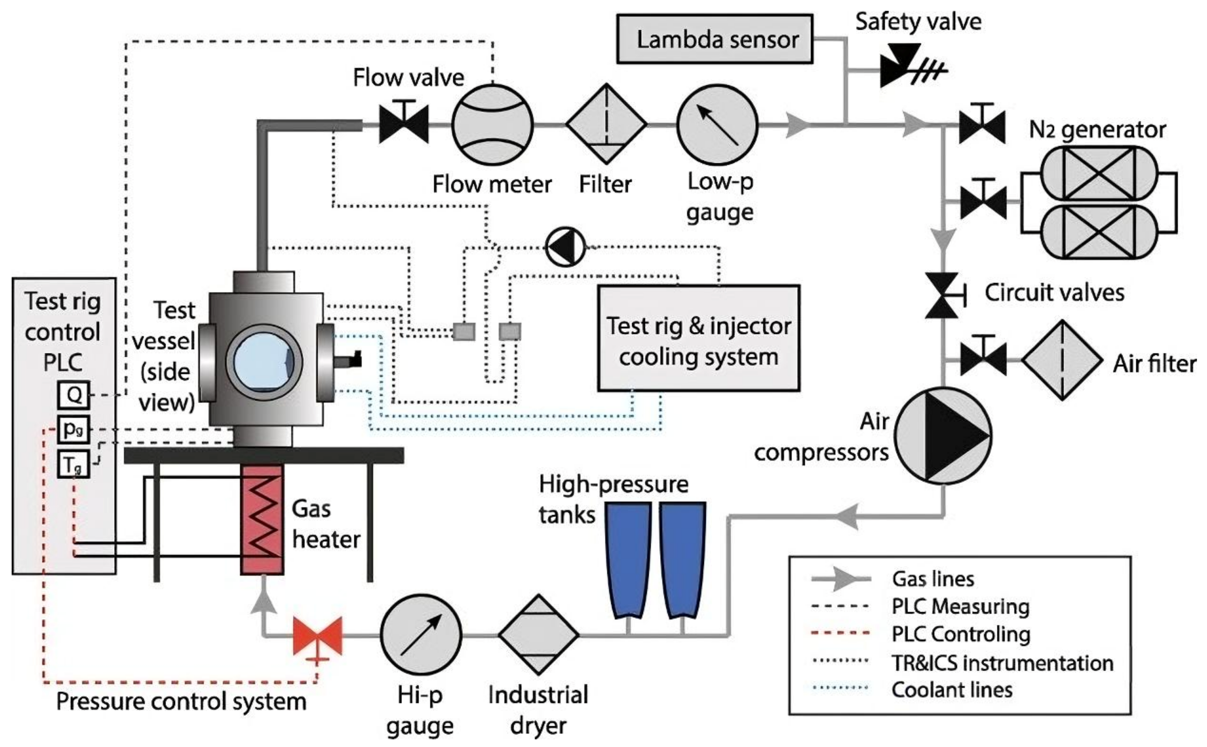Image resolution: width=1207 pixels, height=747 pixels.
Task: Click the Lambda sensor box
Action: pos(714,39)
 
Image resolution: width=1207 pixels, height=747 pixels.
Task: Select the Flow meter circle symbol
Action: pos(492,124)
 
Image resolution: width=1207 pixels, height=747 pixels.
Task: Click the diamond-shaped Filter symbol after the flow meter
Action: pos(606,124)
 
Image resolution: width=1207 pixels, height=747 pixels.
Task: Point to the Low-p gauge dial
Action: pos(717,124)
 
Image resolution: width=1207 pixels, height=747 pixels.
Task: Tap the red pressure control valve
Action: pos(318,636)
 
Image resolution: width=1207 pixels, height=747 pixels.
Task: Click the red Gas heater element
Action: pos(262,519)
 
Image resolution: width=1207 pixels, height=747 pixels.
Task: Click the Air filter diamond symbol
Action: pos(1062,360)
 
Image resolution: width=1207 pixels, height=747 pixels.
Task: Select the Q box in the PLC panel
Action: pos(73,395)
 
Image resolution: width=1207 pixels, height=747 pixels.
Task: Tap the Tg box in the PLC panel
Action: pos(73,464)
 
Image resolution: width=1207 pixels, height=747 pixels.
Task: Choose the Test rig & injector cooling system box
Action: pos(699,338)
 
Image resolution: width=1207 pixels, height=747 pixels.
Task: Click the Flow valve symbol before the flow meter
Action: pos(404,124)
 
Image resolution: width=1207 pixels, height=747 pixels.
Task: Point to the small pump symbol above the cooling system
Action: pos(565,246)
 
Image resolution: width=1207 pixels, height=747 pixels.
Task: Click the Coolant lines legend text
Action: pos(951,690)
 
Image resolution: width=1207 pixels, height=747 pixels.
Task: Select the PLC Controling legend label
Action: pos(961,634)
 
